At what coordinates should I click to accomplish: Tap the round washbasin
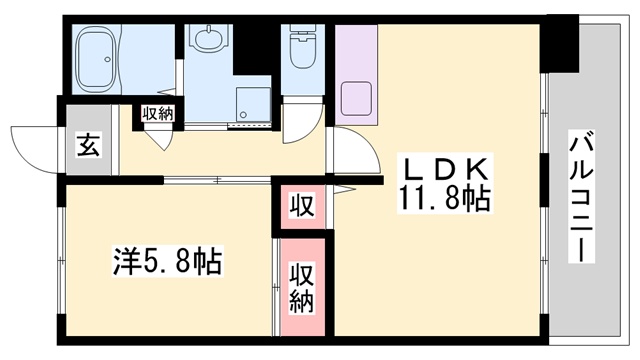(209, 40)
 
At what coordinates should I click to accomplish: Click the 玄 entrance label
(88, 146)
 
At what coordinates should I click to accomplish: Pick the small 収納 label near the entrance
(157, 113)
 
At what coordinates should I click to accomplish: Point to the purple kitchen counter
(357, 75)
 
